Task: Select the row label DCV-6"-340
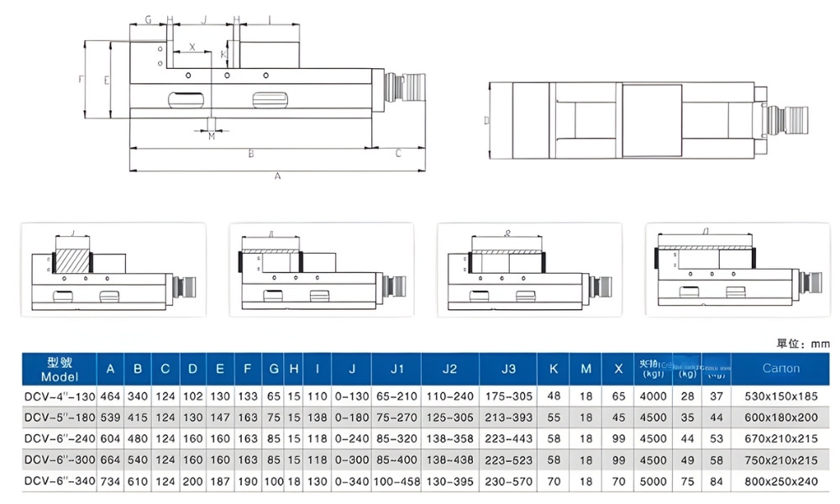[59, 481]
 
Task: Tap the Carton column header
[780, 369]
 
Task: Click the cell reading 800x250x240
[780, 481]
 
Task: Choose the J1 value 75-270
[392, 417]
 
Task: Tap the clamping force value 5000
[654, 481]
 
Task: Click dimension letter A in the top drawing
[277, 176]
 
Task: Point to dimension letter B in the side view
[250, 154]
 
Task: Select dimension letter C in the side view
[397, 154]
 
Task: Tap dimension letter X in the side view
[192, 47]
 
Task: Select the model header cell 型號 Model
[59, 369]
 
